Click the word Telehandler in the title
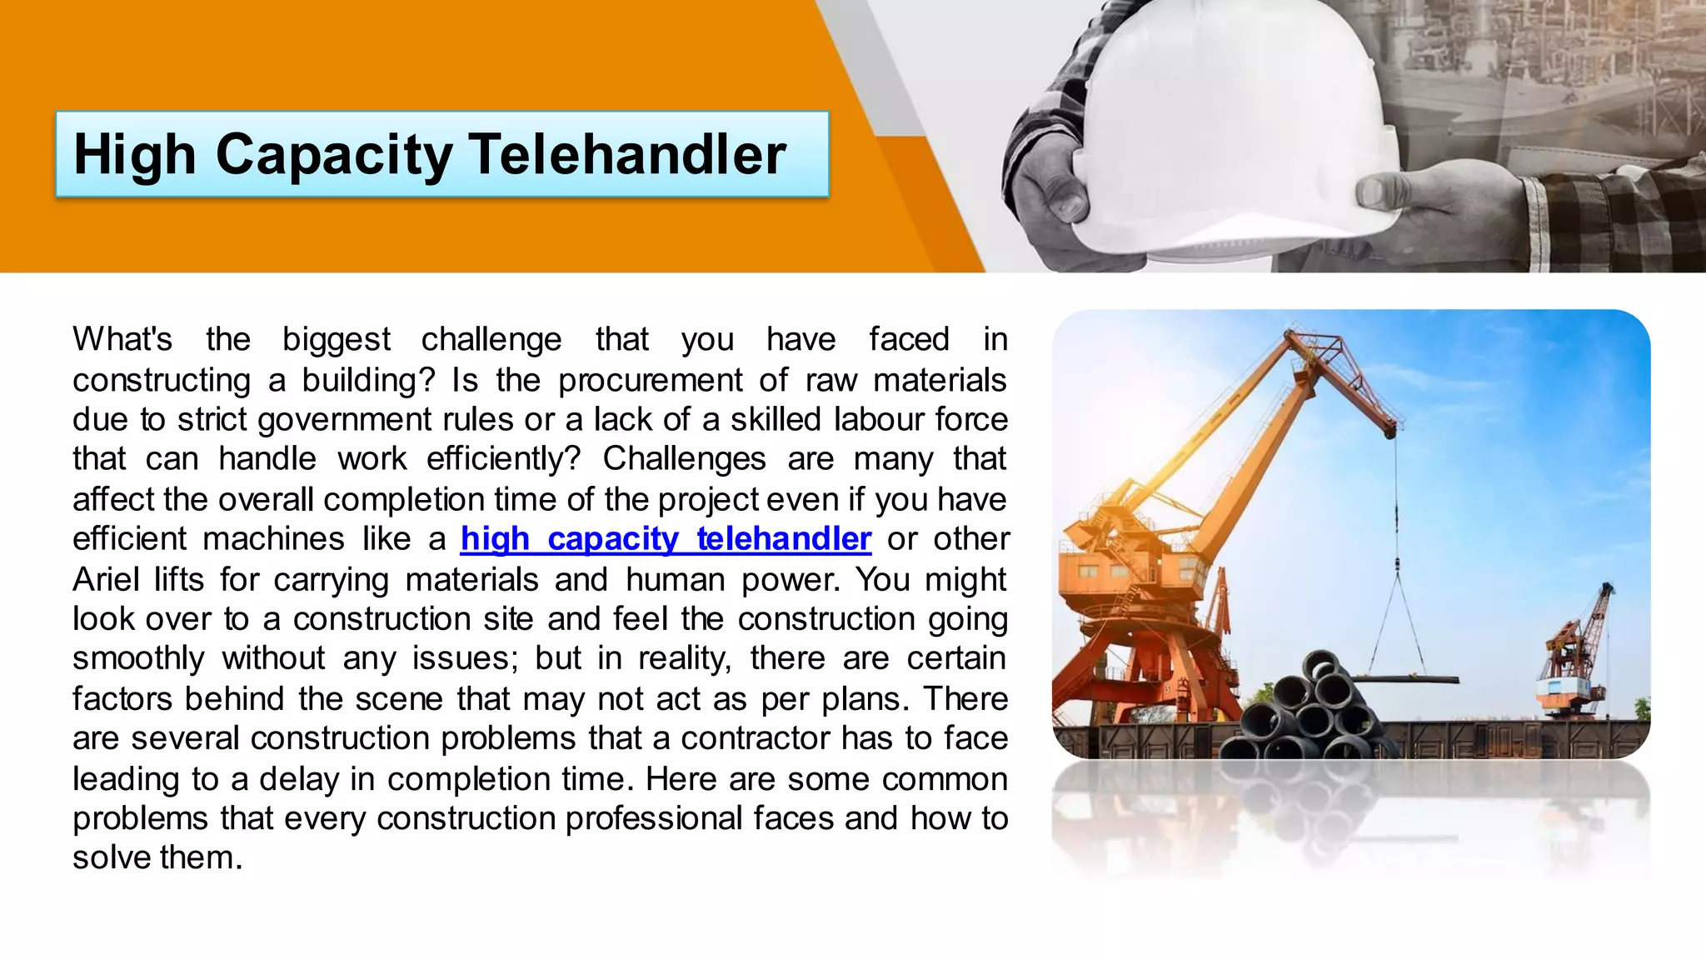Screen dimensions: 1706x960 pyautogui.click(x=626, y=155)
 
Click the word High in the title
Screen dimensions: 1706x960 pyautogui.click(x=134, y=155)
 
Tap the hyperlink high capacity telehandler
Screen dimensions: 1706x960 pyautogui.click(x=666, y=539)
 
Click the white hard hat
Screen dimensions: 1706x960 pyautogui.click(x=1233, y=125)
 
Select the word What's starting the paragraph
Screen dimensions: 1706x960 pyautogui.click(x=122, y=340)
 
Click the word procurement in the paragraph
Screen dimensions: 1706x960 pyautogui.click(x=650, y=381)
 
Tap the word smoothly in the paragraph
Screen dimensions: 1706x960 pyautogui.click(x=137, y=659)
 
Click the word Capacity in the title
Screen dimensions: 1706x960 pyautogui.click(x=333, y=155)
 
